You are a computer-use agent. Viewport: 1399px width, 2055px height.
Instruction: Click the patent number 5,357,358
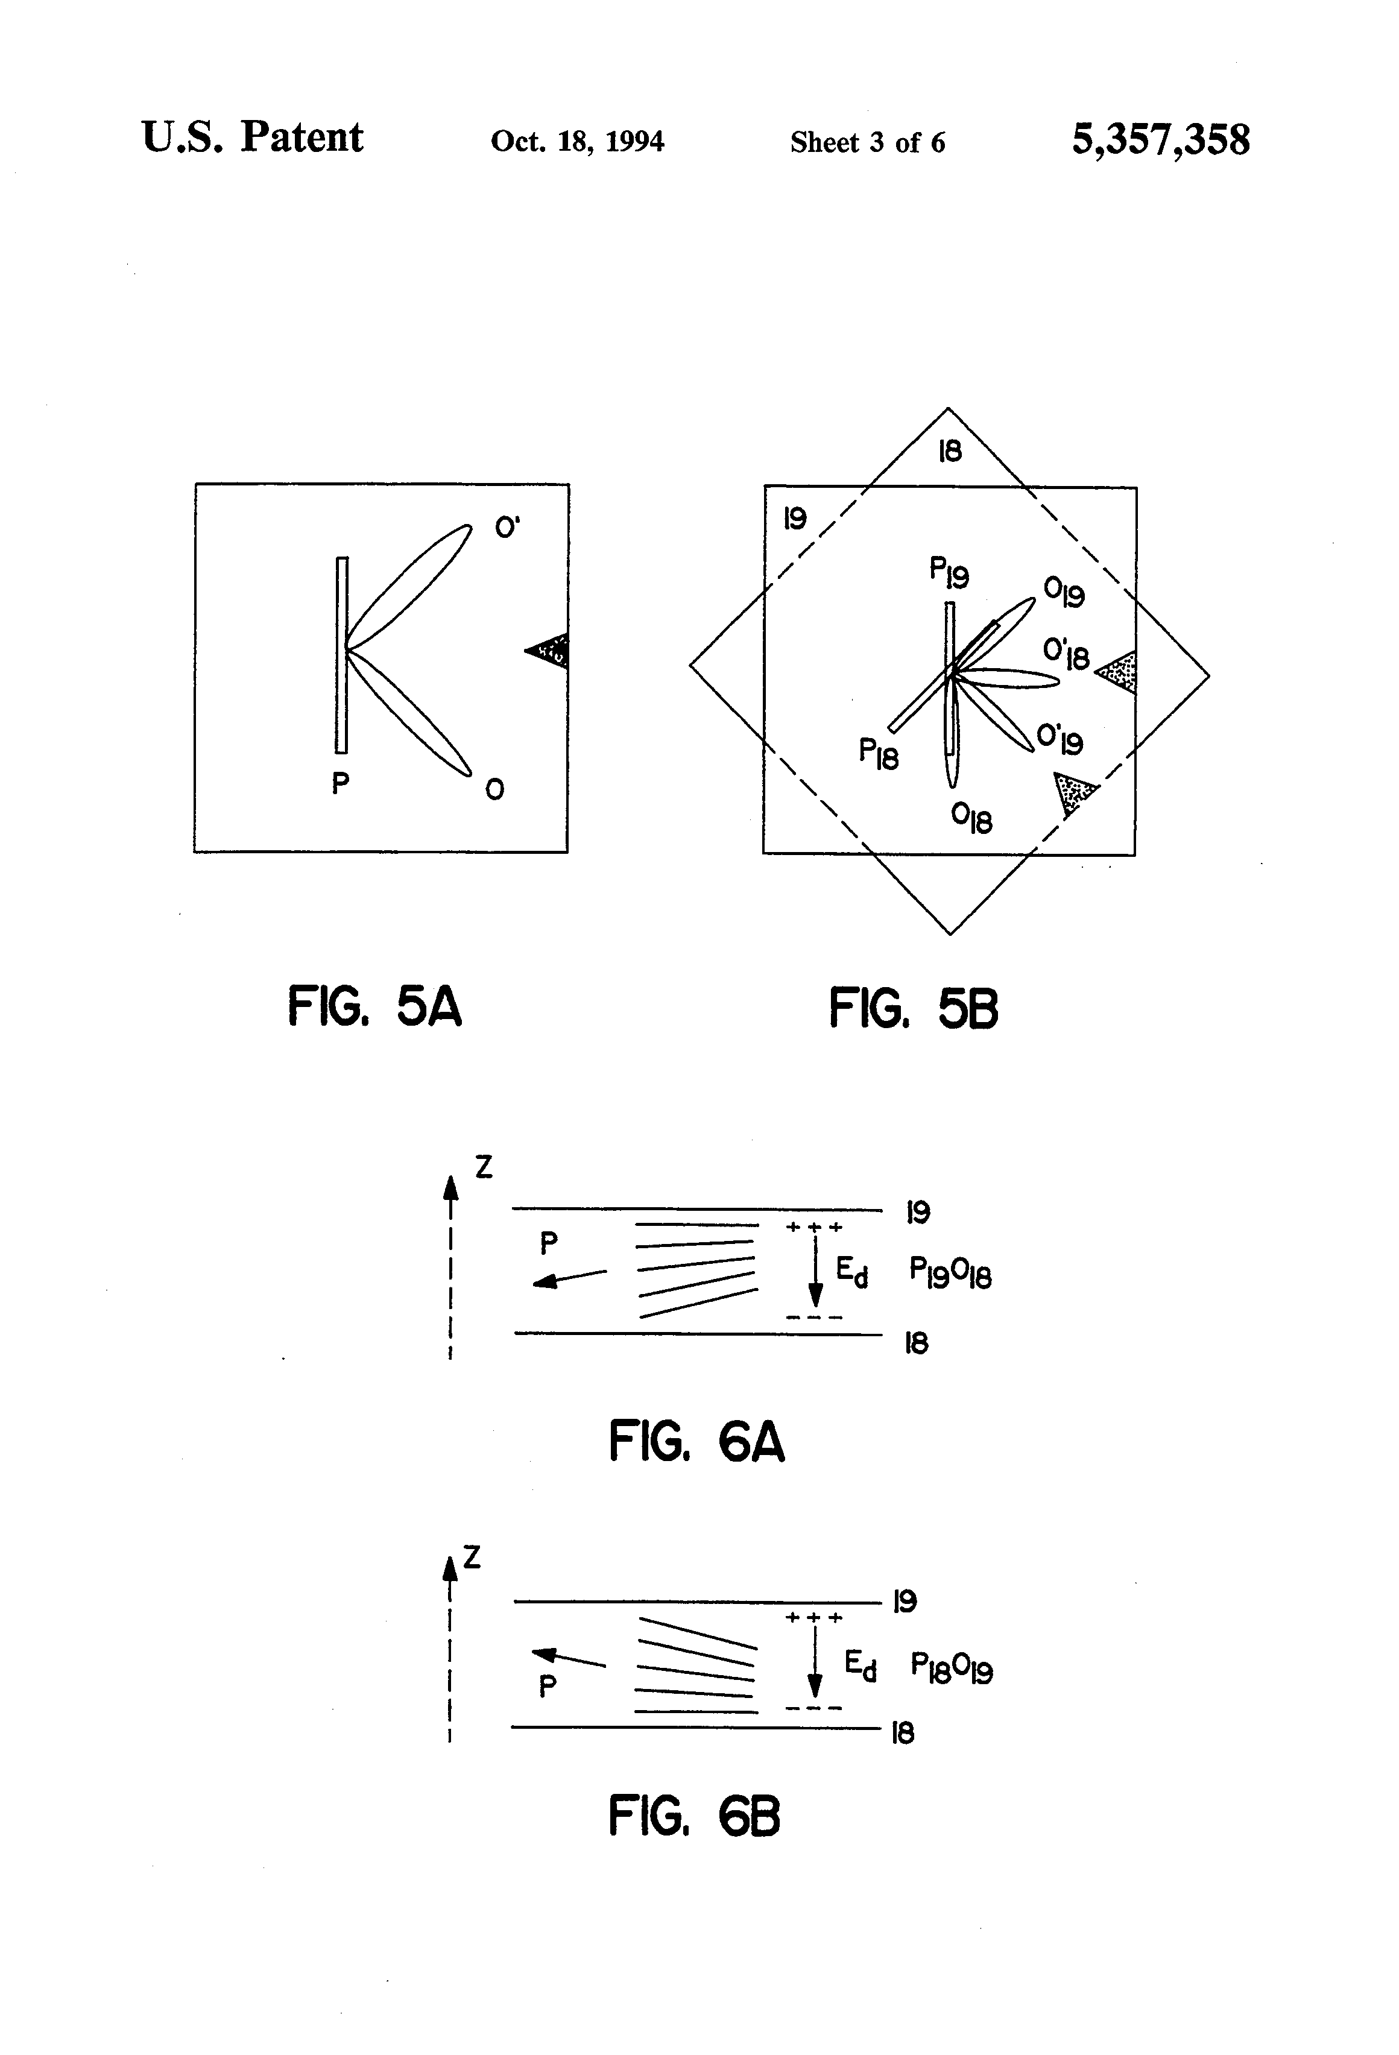click(1160, 140)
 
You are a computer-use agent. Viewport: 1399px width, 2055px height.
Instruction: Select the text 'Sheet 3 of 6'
click(868, 142)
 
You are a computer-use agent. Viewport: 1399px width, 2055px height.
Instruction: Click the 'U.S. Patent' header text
click(252, 138)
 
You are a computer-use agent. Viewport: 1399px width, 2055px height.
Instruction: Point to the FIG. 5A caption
click(374, 1007)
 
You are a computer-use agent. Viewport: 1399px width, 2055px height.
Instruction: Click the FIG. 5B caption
click(914, 1009)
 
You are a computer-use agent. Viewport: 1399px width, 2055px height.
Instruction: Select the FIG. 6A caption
click(696, 1442)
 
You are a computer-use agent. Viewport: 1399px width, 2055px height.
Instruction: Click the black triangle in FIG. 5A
click(550, 652)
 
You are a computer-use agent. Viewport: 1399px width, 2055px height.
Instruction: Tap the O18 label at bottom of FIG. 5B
click(971, 818)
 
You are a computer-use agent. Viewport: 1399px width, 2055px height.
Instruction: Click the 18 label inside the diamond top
click(950, 452)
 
